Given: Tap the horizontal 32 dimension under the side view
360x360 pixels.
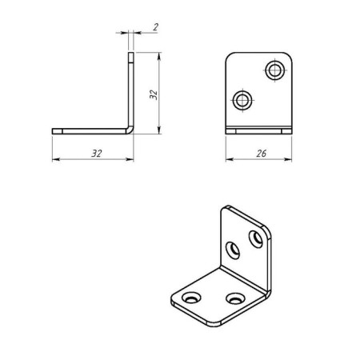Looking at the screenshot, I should (x=96, y=152).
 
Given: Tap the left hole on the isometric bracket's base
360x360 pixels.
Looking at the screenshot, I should (x=193, y=298).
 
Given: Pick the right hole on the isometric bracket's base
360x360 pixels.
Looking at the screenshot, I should (x=234, y=298).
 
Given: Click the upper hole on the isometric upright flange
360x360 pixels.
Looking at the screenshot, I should (x=256, y=238).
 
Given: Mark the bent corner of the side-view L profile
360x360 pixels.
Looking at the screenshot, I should (x=130, y=128).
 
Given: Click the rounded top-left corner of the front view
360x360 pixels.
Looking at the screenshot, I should (x=230, y=58).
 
